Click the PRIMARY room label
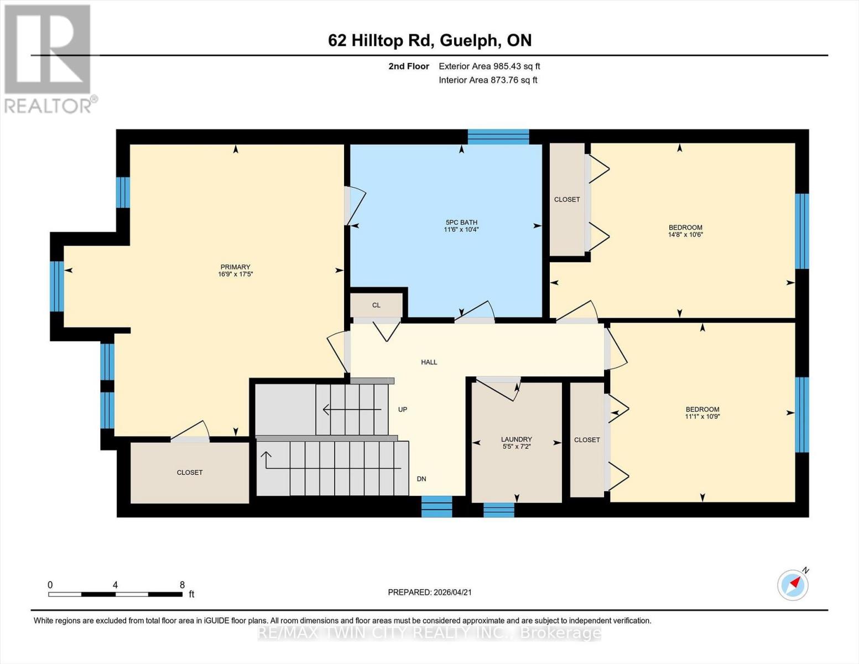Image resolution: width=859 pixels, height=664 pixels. tap(235, 267)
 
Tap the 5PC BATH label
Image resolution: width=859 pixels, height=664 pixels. tap(461, 222)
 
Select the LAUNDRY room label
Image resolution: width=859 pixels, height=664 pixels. tap(516, 439)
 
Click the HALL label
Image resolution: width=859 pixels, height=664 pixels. tap(429, 362)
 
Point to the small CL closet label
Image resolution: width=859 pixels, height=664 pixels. tap(376, 305)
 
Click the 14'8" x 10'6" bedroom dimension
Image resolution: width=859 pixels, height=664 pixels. tap(685, 235)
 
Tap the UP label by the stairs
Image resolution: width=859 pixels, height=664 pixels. tap(403, 409)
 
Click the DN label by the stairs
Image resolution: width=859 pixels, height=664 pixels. tap(421, 479)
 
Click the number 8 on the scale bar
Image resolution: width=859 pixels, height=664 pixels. tap(182, 585)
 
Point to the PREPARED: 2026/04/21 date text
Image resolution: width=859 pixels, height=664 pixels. tap(430, 592)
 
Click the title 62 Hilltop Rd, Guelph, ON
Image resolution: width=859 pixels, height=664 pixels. tap(430, 40)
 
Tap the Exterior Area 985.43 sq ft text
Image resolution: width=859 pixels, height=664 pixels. tap(489, 66)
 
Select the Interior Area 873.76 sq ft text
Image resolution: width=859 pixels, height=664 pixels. tap(488, 80)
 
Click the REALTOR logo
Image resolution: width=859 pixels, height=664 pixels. tap(49, 58)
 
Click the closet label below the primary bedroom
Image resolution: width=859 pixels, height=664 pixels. tap(190, 473)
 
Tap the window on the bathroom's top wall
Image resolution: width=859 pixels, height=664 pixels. tap(498, 137)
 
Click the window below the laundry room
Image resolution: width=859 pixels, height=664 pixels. tap(498, 510)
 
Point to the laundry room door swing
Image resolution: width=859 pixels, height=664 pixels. tap(501, 387)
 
